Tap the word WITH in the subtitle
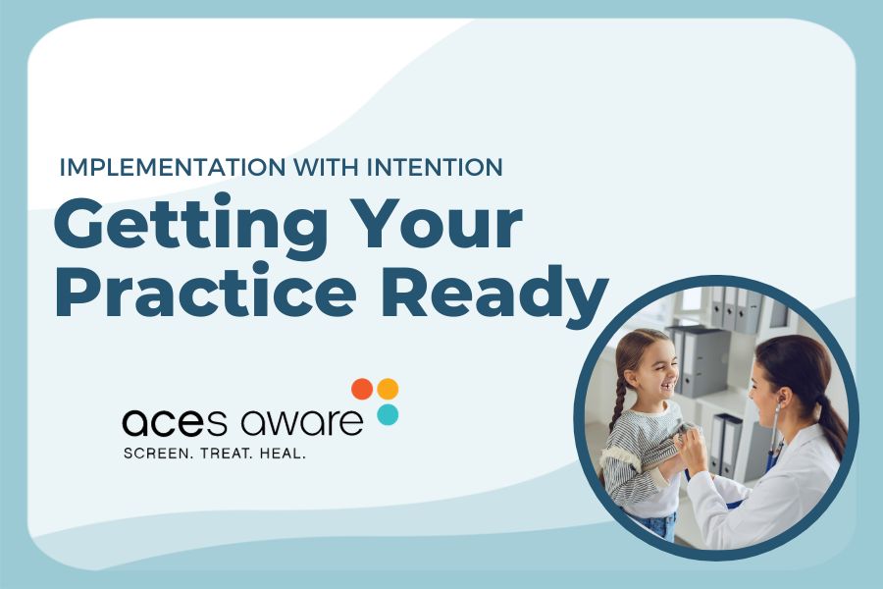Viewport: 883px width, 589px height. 294,167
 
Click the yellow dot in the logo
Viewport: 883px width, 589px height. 389,389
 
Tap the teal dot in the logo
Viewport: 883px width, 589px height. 388,414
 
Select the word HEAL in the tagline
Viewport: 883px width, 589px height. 283,455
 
